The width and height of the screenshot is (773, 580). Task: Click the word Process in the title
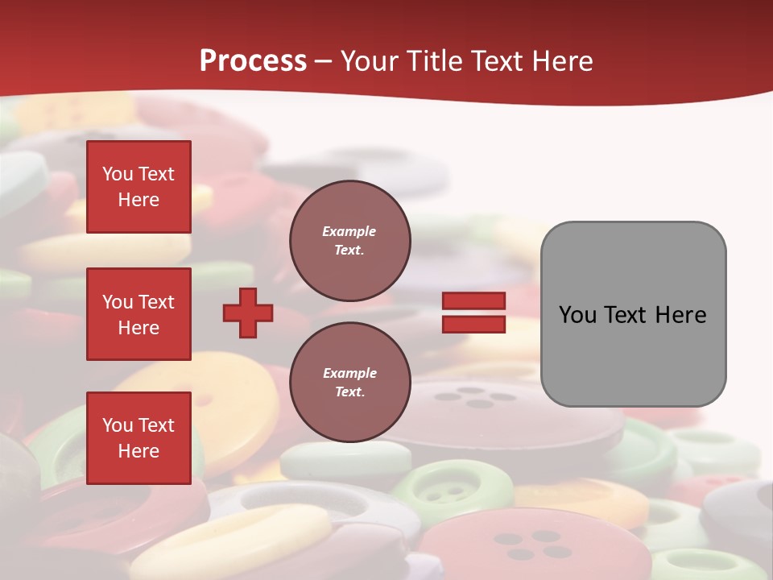coord(253,61)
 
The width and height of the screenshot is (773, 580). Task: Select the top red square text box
coord(138,187)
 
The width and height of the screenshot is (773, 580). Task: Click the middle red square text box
coord(138,314)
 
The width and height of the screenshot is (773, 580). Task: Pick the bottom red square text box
coord(138,438)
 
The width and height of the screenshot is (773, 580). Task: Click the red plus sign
coord(248,313)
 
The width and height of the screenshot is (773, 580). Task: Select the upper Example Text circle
coord(349,241)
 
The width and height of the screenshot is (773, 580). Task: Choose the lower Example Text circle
coord(349,383)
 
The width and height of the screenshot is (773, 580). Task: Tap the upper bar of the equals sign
coord(473,301)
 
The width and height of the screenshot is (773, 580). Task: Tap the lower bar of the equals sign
coord(473,324)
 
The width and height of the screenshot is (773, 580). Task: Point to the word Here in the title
coord(560,61)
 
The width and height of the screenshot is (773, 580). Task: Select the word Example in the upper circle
coord(349,231)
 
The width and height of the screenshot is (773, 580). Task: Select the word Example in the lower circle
coord(349,373)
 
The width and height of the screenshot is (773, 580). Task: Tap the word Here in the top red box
coord(138,200)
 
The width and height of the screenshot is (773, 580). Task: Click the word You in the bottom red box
coord(118,425)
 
